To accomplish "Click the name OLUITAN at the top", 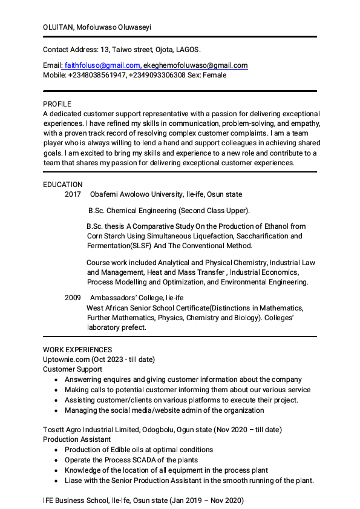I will click(58, 28).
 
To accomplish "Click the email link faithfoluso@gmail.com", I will click(102, 65).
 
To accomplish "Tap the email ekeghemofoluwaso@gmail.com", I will click(195, 65).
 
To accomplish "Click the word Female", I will click(214, 75).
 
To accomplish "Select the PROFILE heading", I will click(57, 104).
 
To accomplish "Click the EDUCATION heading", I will click(62, 185).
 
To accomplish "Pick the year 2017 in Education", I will click(73, 194).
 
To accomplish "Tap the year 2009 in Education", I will click(73, 298).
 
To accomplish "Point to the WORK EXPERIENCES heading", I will click(77, 350).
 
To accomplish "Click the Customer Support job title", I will click(73, 369).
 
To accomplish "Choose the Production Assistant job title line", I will click(77, 439).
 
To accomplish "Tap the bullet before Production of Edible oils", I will click(56, 450).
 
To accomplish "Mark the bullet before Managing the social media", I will click(56, 410).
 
